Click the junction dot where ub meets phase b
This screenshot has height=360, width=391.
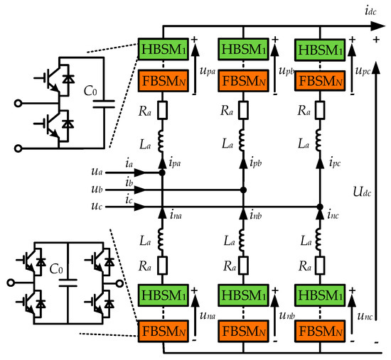[x=243, y=190]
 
